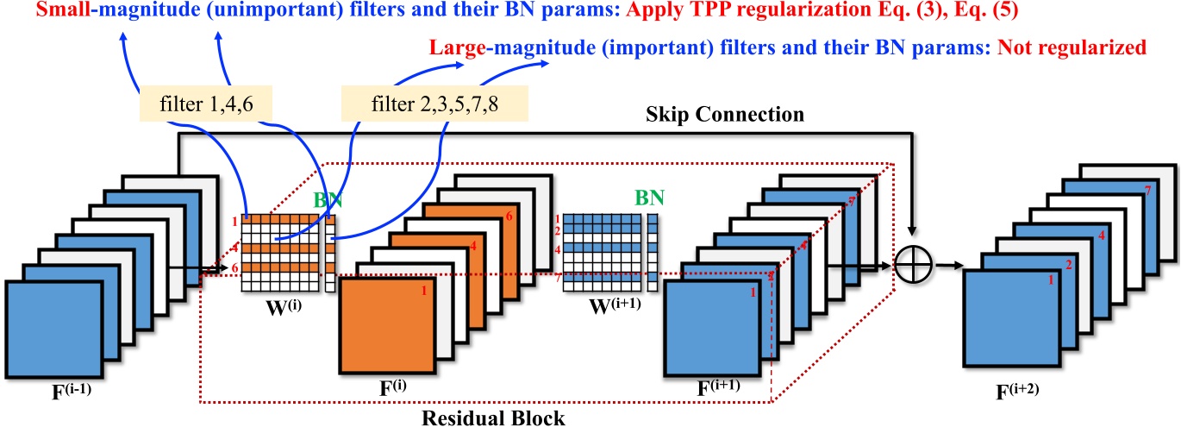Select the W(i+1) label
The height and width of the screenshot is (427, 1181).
609,305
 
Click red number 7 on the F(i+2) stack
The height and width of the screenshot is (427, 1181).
1147,189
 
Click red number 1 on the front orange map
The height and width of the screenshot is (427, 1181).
423,291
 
